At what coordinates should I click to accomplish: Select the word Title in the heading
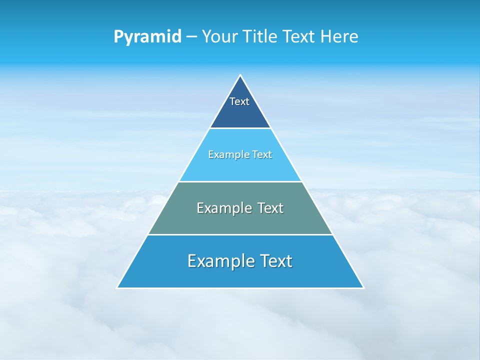[259, 36]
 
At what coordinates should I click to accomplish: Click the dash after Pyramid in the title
[191, 37]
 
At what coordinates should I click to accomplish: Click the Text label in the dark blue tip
[239, 101]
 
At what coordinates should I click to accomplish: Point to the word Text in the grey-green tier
[270, 208]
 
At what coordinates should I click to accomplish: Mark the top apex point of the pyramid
[240, 75]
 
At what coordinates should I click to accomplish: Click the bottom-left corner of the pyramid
[117, 287]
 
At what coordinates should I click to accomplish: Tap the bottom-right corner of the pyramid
[363, 287]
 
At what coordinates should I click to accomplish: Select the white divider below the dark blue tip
[240, 128]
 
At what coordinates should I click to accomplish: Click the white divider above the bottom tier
[240, 234]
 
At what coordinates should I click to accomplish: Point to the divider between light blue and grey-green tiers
[240, 181]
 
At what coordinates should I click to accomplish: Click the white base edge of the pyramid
[240, 288]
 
